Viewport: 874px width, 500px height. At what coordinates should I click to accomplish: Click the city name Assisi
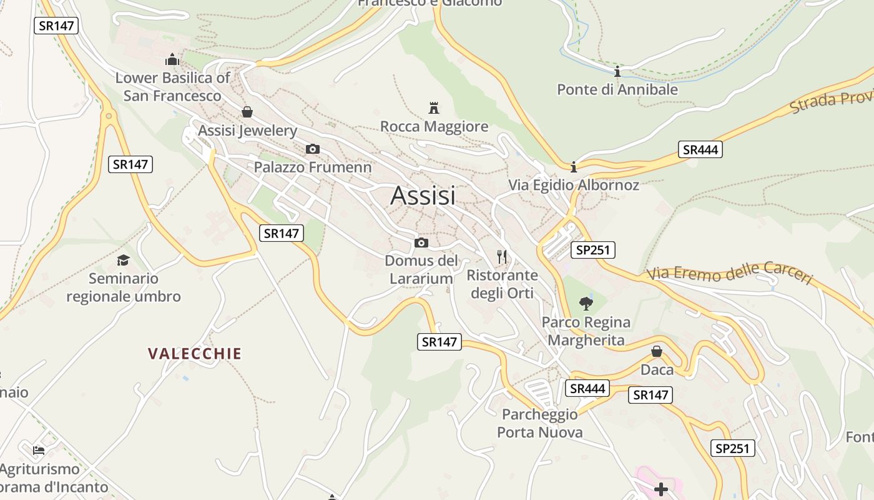(423, 196)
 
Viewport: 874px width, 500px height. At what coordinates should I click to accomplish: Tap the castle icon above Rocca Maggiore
(434, 107)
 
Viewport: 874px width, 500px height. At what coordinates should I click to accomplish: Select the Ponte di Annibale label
(617, 89)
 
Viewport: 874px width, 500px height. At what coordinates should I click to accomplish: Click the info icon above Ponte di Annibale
(617, 72)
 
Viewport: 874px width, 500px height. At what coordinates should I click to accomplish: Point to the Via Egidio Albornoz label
(573, 185)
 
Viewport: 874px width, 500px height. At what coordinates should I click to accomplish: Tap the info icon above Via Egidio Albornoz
(574, 167)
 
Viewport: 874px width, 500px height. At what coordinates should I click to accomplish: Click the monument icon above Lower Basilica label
(172, 60)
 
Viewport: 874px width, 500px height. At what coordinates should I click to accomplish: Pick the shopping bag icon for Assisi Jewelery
(247, 112)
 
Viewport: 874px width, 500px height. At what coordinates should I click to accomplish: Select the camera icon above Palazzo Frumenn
(313, 149)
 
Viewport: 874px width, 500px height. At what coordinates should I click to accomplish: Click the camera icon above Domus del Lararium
(421, 242)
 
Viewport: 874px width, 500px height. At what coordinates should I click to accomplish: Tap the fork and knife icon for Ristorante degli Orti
(501, 256)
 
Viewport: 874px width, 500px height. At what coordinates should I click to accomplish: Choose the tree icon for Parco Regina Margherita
(586, 304)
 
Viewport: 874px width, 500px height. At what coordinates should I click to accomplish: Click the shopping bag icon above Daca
(657, 352)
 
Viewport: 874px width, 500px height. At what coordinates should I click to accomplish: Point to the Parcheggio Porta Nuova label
(540, 423)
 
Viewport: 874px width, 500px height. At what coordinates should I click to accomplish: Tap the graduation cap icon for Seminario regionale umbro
(123, 260)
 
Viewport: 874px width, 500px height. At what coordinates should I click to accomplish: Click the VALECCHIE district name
(195, 354)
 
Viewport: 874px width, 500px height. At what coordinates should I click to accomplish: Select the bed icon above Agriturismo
(39, 450)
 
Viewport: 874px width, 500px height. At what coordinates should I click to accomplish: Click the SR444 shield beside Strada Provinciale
(700, 149)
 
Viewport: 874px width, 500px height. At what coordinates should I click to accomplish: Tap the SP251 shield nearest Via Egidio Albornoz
(592, 250)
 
